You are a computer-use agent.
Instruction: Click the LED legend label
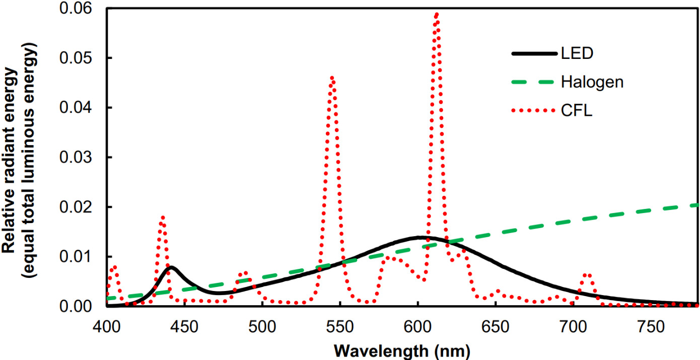coord(577,53)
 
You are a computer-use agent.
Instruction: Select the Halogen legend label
coord(592,82)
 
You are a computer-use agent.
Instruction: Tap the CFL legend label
coord(577,110)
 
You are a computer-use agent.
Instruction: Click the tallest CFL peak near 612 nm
coord(436,15)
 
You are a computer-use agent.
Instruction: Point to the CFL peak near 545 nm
coord(332,78)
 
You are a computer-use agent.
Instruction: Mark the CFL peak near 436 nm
coord(162,218)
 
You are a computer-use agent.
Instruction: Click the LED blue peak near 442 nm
coord(171,267)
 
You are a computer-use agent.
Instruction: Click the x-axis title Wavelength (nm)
coord(401,349)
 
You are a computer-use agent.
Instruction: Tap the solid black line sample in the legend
coord(534,53)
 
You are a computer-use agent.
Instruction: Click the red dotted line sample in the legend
coord(534,110)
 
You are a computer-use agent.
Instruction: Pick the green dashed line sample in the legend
coord(534,82)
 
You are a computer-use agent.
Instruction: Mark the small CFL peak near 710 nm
coord(587,275)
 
